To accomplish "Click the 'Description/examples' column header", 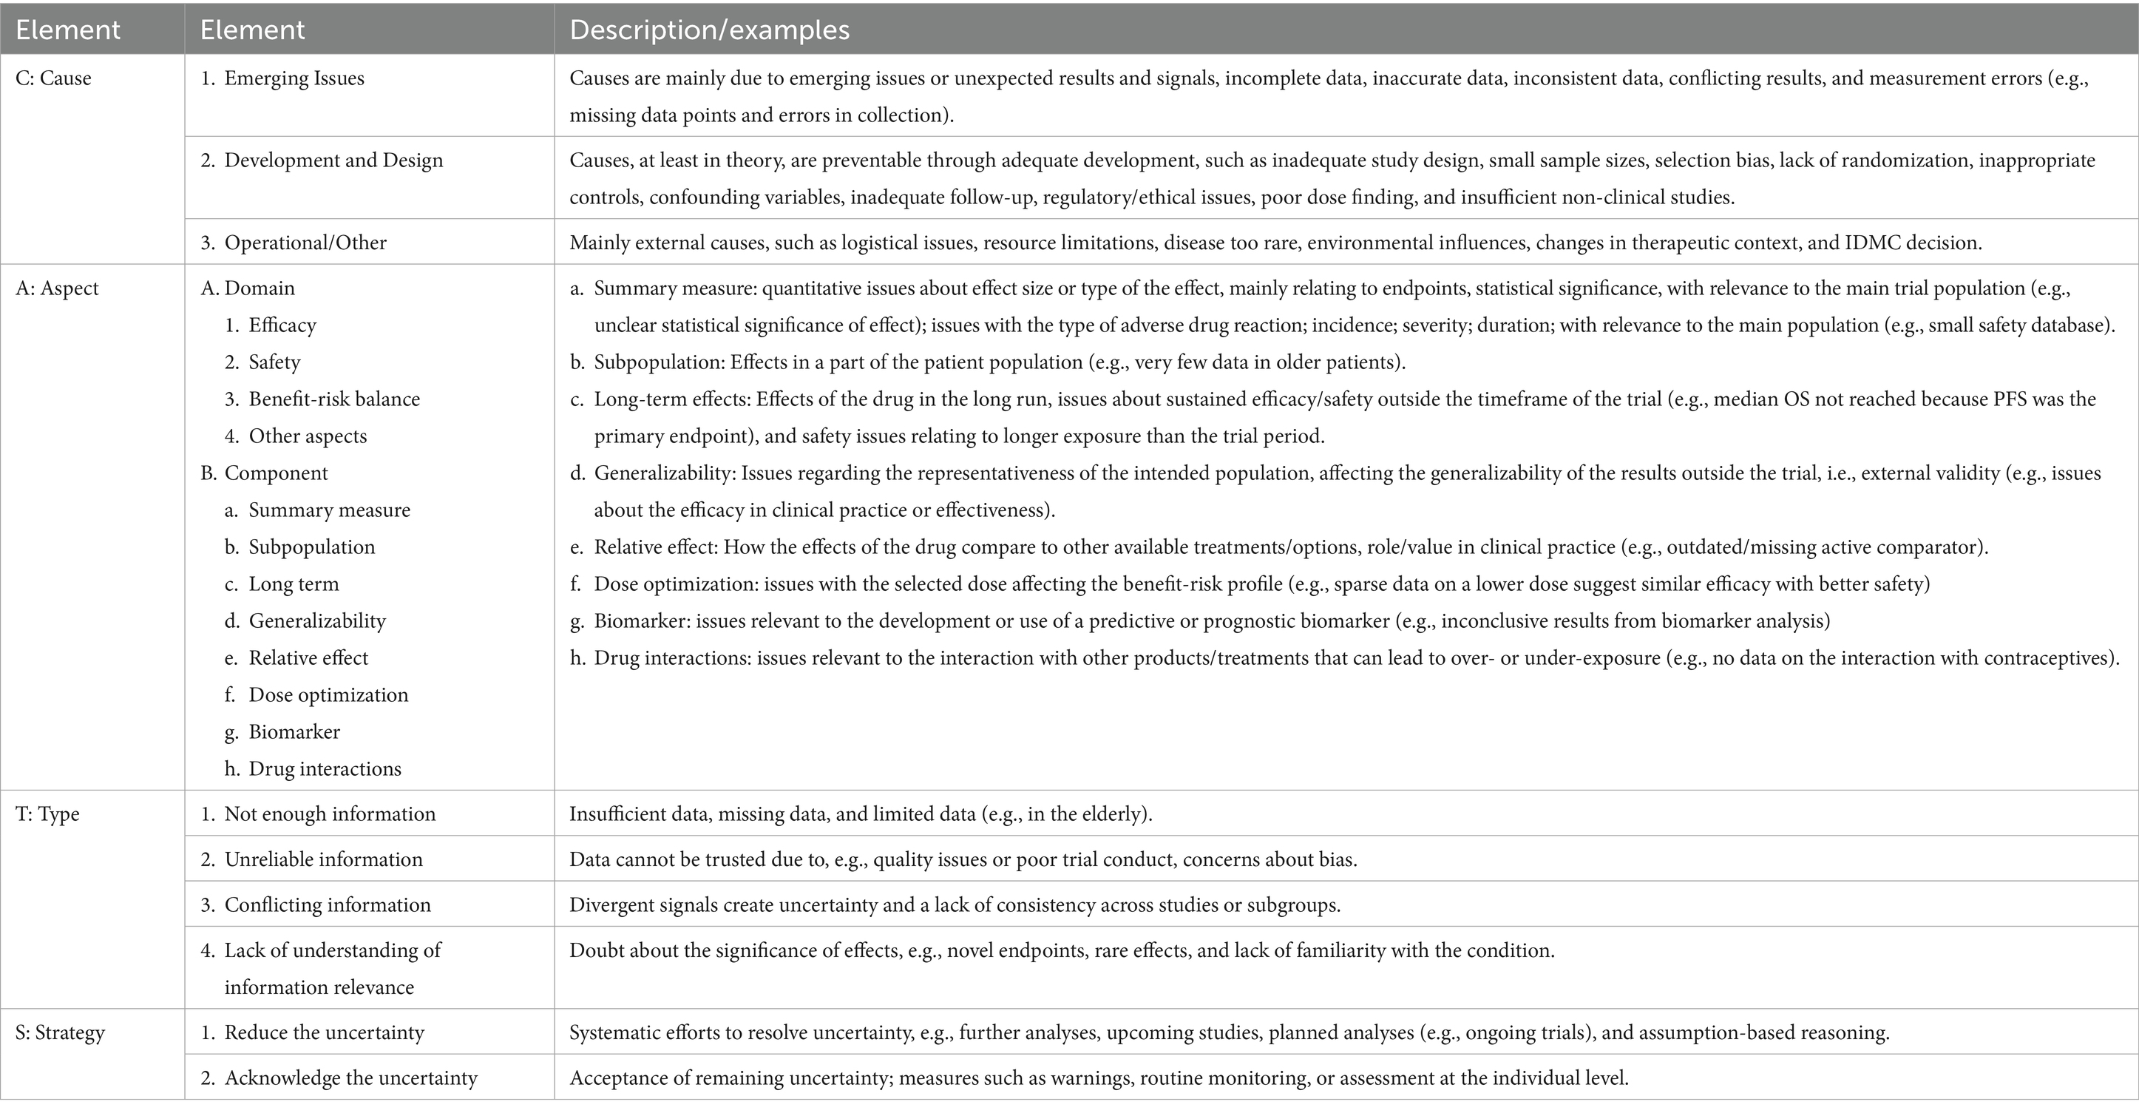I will [709, 30].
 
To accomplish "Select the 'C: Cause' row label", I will [53, 78].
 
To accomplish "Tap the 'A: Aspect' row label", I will [56, 288].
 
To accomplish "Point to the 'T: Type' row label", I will [47, 814].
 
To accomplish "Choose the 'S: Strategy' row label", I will [60, 1032].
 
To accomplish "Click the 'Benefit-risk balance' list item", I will [333, 399].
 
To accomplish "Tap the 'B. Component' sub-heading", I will [264, 473].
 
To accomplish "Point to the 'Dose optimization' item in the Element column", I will [328, 694].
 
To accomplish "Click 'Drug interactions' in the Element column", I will [325, 768].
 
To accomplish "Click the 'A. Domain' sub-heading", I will [248, 288].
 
